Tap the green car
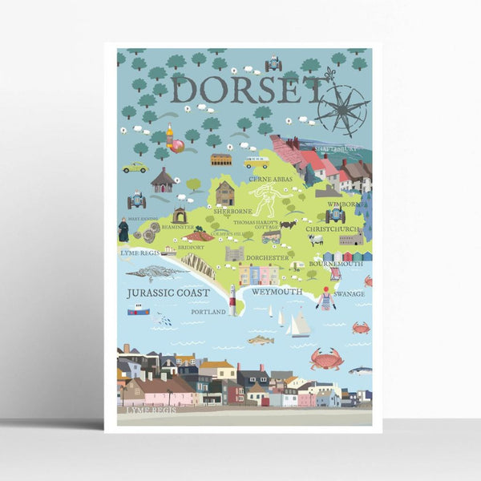tap(135, 168)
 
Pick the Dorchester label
tap(267, 258)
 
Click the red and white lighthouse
tap(232, 300)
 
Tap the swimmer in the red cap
tap(325, 298)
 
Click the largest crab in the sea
tap(326, 358)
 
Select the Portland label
tap(208, 311)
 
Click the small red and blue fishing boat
tap(138, 309)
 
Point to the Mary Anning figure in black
tap(123, 229)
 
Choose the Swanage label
tap(350, 294)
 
